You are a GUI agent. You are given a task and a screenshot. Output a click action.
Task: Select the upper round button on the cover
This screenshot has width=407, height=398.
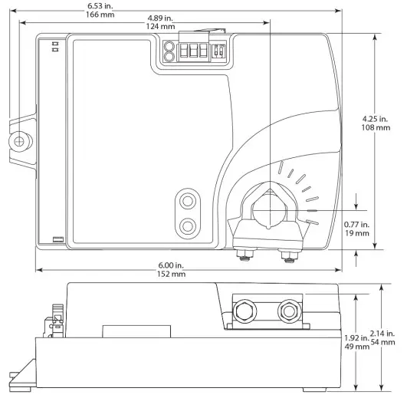(x=187, y=201)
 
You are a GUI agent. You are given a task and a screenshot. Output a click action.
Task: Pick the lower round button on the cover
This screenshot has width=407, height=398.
(x=187, y=226)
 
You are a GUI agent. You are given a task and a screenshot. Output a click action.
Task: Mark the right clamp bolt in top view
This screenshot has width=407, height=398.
(x=290, y=253)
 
